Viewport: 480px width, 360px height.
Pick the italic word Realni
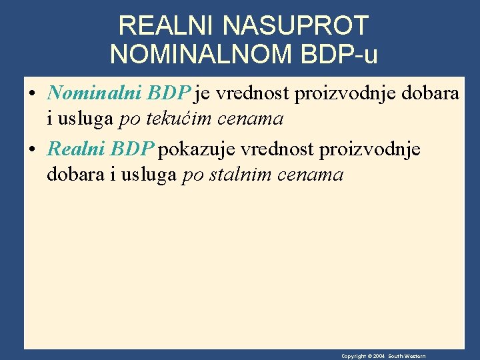pyautogui.click(x=77, y=149)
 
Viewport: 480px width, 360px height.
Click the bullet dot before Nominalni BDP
pyautogui.click(x=33, y=94)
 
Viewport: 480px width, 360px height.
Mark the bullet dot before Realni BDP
pyautogui.click(x=33, y=149)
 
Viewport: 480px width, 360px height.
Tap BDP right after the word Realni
pyautogui.click(x=133, y=149)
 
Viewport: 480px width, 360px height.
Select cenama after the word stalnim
pyautogui.click(x=316, y=175)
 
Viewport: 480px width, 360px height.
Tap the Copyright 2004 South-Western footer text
pyautogui.click(x=383, y=356)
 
